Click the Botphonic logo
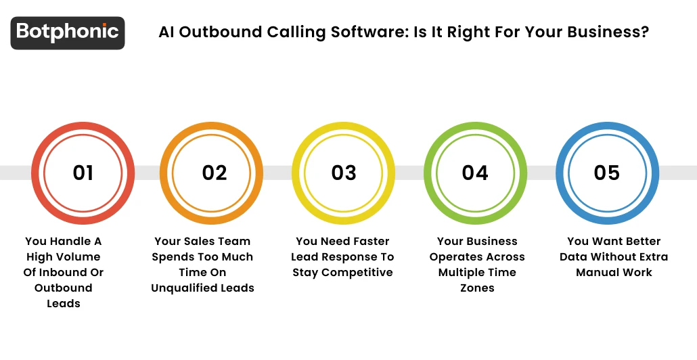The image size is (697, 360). click(68, 32)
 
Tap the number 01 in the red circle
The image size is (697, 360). click(83, 173)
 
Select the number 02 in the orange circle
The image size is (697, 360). click(215, 173)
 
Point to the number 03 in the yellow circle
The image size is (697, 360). click(344, 173)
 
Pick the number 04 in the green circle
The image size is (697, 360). click(475, 173)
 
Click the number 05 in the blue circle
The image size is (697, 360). click(607, 173)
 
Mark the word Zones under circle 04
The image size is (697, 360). click(477, 288)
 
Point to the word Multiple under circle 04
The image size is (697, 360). click(464, 272)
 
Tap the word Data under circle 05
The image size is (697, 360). click(575, 256)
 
